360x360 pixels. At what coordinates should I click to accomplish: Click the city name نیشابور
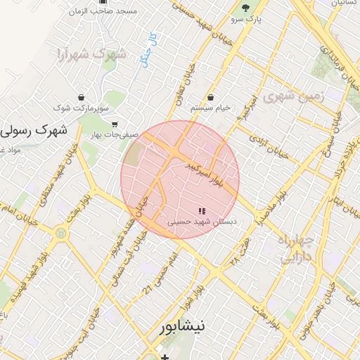(181, 327)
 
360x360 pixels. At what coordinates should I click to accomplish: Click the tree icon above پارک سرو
(245, 8)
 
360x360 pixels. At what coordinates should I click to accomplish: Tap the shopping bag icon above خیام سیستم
(212, 97)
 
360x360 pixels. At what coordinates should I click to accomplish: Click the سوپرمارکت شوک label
(82, 108)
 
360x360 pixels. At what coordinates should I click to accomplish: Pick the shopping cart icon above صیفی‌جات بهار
(115, 124)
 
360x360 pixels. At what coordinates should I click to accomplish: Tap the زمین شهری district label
(293, 96)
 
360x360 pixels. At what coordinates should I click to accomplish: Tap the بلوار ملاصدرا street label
(256, 212)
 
